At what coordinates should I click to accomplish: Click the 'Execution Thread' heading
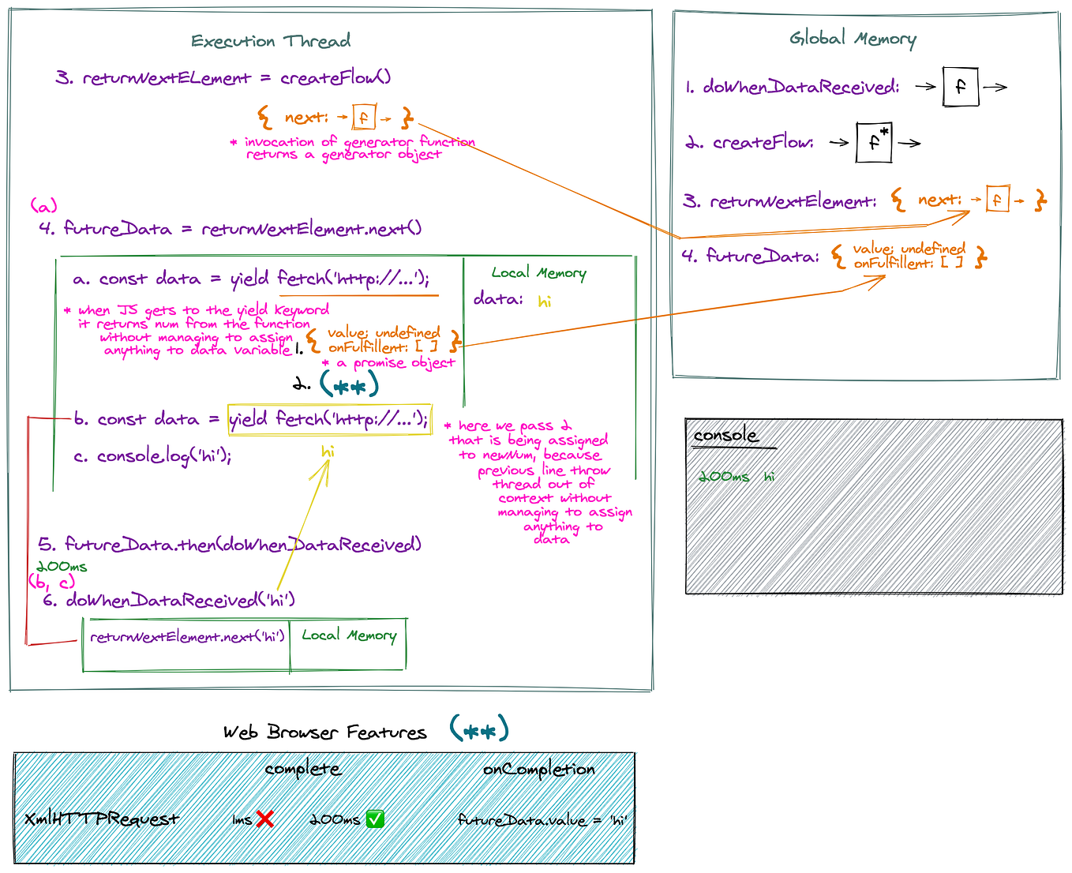tap(271, 41)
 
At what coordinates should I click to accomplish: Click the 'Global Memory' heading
tap(853, 38)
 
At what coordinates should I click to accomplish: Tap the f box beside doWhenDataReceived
tap(960, 87)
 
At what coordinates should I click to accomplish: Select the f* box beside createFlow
tap(874, 142)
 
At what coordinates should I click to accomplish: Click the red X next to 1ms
tap(264, 819)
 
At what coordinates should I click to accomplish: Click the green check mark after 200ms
tap(376, 819)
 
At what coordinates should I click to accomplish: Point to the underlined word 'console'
tap(725, 436)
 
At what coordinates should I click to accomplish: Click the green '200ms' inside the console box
tap(724, 477)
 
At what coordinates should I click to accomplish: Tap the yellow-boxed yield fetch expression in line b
tap(329, 418)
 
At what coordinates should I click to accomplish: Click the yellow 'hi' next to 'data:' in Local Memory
tap(545, 301)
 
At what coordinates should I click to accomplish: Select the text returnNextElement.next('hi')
tap(187, 636)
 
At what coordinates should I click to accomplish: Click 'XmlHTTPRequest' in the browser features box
tap(102, 819)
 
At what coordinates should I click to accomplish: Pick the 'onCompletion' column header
tap(538, 769)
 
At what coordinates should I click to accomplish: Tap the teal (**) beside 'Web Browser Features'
tap(479, 730)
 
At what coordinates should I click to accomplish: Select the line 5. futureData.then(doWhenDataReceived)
tap(230, 545)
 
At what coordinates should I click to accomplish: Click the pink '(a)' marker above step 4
tap(44, 206)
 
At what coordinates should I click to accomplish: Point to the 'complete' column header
tap(303, 769)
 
